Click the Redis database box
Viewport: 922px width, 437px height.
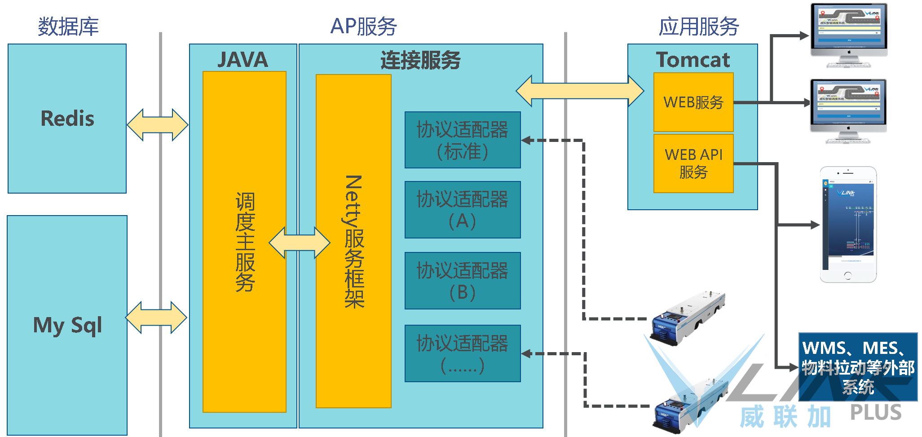[67, 119]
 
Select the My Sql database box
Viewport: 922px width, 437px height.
[67, 325]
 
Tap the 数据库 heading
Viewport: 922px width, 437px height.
[68, 26]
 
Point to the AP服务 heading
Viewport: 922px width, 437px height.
[363, 26]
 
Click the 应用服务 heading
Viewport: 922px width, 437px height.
[699, 26]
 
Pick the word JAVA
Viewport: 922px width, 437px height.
[243, 60]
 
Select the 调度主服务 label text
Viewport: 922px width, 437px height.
[245, 242]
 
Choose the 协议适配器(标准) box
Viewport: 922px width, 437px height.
[463, 140]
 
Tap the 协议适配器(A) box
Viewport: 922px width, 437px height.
[463, 210]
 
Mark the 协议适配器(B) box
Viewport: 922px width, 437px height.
[463, 281]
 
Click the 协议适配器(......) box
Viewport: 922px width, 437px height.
[463, 353]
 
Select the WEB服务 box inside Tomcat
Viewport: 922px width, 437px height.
[693, 102]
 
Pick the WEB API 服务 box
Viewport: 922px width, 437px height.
[693, 163]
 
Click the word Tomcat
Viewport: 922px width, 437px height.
[693, 60]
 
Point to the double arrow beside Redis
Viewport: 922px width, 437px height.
[158, 125]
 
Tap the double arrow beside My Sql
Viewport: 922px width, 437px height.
[156, 318]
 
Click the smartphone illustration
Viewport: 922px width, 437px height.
[848, 224]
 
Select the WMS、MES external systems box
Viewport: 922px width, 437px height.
[858, 367]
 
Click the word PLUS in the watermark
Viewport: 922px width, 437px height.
[876, 412]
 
